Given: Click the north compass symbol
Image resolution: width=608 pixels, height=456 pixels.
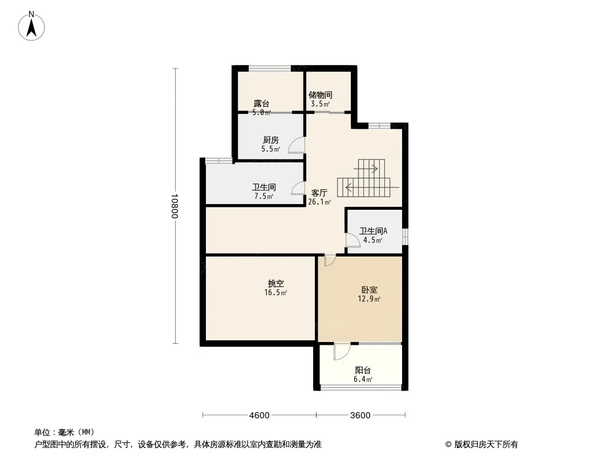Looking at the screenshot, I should (x=32, y=25).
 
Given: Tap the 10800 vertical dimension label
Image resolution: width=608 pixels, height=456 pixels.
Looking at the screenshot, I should (x=175, y=206).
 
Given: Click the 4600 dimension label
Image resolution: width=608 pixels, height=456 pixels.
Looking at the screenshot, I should (x=259, y=415).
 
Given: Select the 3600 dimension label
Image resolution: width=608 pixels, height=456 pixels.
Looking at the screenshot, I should (x=360, y=415).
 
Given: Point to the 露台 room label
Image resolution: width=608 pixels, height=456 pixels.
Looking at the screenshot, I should (x=262, y=104).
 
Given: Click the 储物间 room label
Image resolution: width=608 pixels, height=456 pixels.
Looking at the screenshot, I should (x=320, y=95).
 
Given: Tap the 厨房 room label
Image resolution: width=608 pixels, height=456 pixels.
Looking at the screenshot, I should (x=270, y=140).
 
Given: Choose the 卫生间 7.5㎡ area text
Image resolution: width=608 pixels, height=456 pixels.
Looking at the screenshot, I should (x=264, y=196).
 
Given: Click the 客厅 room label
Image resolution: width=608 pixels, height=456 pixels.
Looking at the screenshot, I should (x=319, y=193).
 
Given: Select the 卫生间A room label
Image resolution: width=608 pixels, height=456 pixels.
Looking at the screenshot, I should (x=373, y=231).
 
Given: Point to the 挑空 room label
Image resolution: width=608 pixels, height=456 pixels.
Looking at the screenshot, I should (x=276, y=283).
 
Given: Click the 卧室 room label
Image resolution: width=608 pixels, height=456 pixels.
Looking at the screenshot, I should (x=369, y=290).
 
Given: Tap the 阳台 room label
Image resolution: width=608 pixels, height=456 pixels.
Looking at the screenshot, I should (x=363, y=370).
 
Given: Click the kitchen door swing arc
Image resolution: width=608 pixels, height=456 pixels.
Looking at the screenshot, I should (x=297, y=146).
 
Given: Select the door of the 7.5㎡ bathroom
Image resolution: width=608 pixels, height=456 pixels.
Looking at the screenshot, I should (x=298, y=189).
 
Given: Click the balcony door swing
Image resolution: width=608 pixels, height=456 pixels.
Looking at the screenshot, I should (x=339, y=352).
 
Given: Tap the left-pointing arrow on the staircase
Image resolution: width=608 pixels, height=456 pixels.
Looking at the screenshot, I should (x=349, y=185).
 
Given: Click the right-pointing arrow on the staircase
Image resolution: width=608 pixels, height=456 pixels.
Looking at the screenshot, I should (x=374, y=168).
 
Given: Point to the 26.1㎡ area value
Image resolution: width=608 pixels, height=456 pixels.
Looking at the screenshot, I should (x=319, y=202).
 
